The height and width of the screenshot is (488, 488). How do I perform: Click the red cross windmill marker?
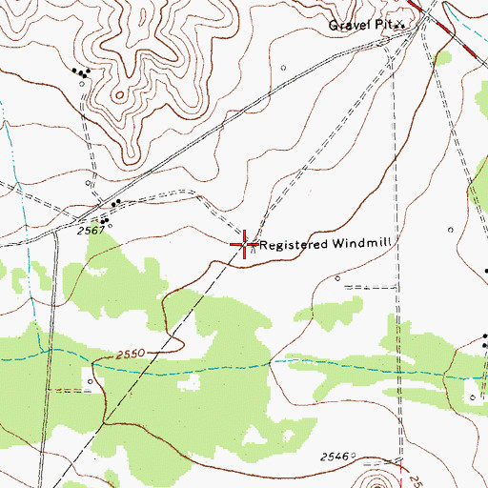pos(244,244)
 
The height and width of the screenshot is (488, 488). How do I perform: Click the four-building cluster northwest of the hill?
pos(81,71)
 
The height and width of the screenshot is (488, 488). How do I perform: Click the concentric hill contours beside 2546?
pos(388,477)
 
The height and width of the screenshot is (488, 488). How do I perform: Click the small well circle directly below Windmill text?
pos(338,277)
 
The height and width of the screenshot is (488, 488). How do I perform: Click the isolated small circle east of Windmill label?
pos(449,230)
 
